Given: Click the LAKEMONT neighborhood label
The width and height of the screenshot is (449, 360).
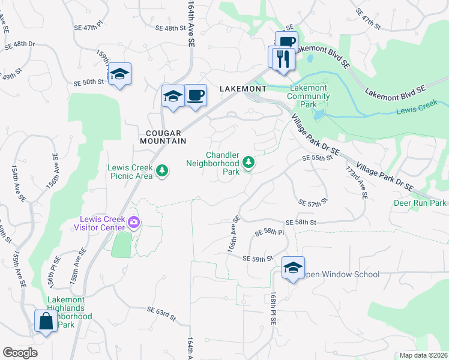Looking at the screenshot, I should coord(243,88).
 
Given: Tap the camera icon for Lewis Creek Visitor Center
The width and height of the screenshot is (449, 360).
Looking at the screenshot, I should coord(133,224).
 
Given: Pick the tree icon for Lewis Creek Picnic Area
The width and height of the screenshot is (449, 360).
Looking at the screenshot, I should coord(161,172).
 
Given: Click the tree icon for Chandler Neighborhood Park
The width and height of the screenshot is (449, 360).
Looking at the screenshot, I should coord(248,162).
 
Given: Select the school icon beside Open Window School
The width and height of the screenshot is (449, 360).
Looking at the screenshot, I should coord(293,268).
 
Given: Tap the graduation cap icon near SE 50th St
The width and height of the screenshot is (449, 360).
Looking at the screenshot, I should coord(119,74).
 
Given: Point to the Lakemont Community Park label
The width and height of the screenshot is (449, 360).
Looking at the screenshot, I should coord(308,96).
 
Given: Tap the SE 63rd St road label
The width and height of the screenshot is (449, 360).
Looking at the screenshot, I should coord(161,311).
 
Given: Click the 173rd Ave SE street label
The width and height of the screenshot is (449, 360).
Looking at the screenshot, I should coord(363,185).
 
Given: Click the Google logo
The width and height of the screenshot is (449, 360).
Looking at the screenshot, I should coord(20,352).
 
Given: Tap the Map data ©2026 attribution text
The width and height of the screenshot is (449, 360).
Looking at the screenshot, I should coord(423,355).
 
